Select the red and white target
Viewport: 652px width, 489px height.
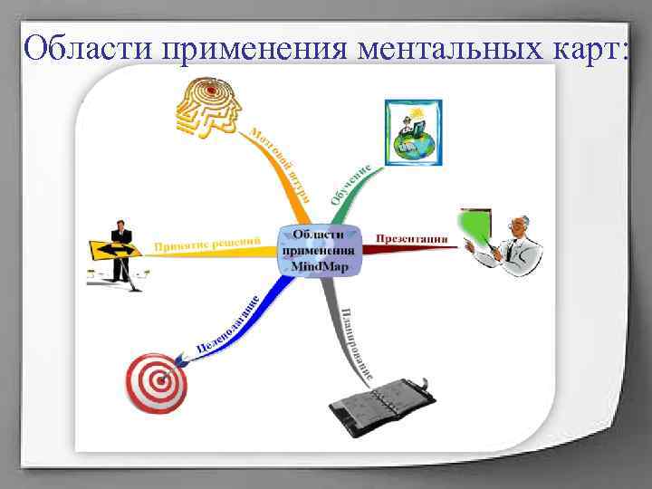coord(155,382)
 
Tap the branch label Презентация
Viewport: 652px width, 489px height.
coord(412,239)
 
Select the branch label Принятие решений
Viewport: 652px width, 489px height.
coord(207,244)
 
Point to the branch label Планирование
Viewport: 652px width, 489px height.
coord(357,343)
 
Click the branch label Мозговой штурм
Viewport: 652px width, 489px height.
coord(281,162)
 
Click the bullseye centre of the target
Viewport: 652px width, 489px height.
coord(155,383)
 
